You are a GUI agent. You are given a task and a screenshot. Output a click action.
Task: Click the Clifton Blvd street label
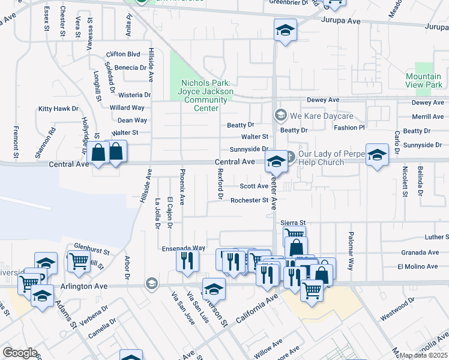(122, 53)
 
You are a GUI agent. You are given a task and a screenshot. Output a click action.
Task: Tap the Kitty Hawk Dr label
(58, 109)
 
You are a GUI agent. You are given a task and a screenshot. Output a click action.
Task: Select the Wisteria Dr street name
(134, 95)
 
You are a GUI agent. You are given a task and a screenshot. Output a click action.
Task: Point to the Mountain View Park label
(423, 80)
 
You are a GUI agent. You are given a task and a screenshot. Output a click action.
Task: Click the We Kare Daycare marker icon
(280, 114)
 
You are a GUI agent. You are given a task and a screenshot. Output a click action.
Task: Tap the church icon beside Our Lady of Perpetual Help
(288, 156)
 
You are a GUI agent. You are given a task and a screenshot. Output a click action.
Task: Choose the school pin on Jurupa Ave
(286, 29)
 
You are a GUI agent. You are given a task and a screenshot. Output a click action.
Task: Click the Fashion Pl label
(349, 128)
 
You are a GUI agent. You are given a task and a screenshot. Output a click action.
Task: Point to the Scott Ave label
(254, 186)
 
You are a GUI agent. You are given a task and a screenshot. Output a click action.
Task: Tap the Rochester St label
(249, 200)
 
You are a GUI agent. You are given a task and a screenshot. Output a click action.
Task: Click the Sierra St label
(294, 223)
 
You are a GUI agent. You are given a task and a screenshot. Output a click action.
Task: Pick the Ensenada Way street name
(184, 248)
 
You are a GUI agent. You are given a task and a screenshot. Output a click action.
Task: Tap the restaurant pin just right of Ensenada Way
(187, 261)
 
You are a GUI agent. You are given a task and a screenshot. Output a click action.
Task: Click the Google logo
(20, 353)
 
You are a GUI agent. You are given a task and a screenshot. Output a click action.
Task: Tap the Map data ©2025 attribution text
(424, 355)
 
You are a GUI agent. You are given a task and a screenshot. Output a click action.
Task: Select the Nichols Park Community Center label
(205, 91)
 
